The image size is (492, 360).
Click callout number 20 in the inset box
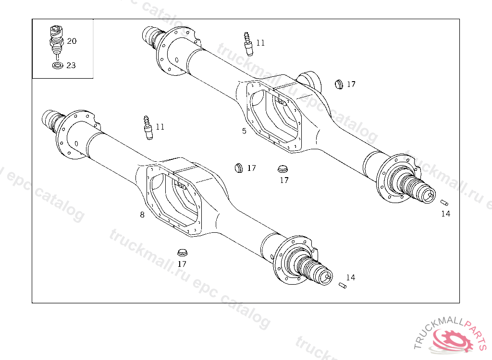pos(72,41)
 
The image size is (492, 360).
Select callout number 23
pos(71,65)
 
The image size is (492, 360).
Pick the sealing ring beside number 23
pos(57,65)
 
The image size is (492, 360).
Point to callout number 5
pos(244,131)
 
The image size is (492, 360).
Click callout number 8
pos(142,215)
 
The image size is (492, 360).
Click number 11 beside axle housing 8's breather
pos(160,127)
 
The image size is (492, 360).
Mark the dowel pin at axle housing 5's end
pos(444,202)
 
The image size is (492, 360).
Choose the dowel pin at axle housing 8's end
pos(342,286)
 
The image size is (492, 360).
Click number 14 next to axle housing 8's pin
pos(351,277)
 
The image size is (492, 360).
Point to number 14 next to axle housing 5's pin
pos(446,214)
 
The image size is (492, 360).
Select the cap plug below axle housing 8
pos(182,252)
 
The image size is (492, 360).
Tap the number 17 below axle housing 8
pos(182,264)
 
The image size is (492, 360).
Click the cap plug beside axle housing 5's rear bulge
pos(339,84)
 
